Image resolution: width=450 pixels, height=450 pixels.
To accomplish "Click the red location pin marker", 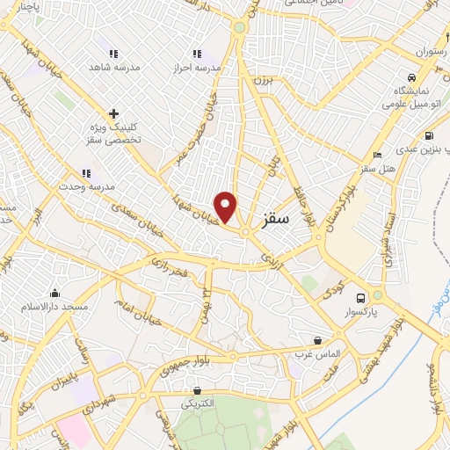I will click(x=227, y=207).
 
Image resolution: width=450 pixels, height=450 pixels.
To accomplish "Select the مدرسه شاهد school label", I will click(x=111, y=66).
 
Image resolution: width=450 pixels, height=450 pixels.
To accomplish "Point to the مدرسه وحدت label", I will click(x=98, y=186).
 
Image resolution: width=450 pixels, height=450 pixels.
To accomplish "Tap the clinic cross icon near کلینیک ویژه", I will click(x=113, y=113).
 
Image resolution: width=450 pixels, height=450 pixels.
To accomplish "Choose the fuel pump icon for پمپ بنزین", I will click(x=428, y=136).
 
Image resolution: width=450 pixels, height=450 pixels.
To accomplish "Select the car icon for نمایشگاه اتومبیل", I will click(x=411, y=76).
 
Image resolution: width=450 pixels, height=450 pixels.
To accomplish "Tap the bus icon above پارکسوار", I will click(x=360, y=297).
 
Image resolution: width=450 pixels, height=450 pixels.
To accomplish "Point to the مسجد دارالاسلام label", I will click(x=57, y=306).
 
